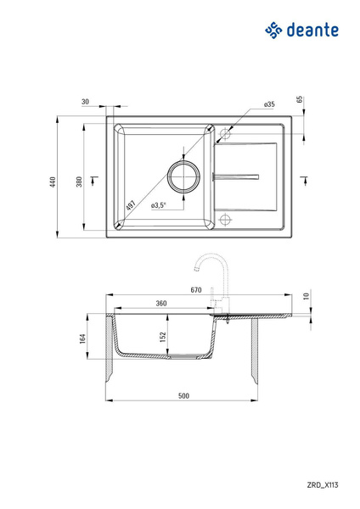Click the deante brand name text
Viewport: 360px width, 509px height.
(x=312, y=30)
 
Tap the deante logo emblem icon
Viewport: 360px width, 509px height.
(x=273, y=31)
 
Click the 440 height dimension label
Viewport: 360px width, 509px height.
(x=53, y=182)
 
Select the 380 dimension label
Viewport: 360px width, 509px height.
(x=79, y=182)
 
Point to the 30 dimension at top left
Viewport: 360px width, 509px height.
(x=85, y=102)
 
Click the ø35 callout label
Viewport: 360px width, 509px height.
(x=269, y=104)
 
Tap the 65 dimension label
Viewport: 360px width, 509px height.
(x=300, y=99)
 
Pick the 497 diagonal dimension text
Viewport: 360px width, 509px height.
(x=131, y=206)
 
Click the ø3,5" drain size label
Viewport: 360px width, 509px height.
(x=159, y=204)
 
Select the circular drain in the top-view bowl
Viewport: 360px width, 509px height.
(x=183, y=176)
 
